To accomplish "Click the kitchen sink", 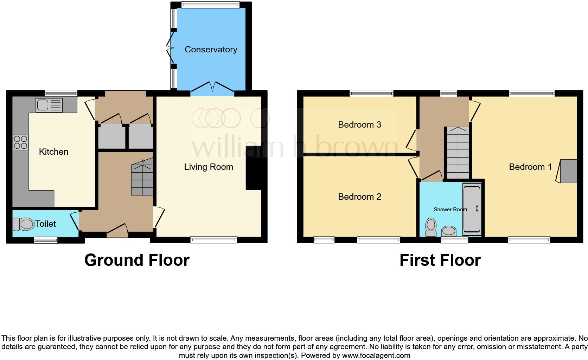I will tap(49, 105).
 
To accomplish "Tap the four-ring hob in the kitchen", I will tap(20, 142).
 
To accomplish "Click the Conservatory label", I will tap(211, 50).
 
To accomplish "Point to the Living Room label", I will tap(209, 167).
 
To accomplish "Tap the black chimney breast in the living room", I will tap(256, 168).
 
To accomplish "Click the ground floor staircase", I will tap(142, 179).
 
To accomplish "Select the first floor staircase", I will tap(458, 153).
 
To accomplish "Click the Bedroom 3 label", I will tap(359, 125).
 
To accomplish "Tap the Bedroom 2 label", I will tap(359, 197).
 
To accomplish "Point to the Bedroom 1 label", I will tap(530, 167).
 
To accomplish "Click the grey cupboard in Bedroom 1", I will tap(568, 171).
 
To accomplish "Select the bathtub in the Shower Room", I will tap(472, 209).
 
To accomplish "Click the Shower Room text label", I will tap(450, 210).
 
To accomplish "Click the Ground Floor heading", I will tap(137, 261).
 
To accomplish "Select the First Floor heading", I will tap(440, 261).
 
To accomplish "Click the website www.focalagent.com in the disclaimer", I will tap(376, 355).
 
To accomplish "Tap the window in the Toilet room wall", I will tap(46, 240).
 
